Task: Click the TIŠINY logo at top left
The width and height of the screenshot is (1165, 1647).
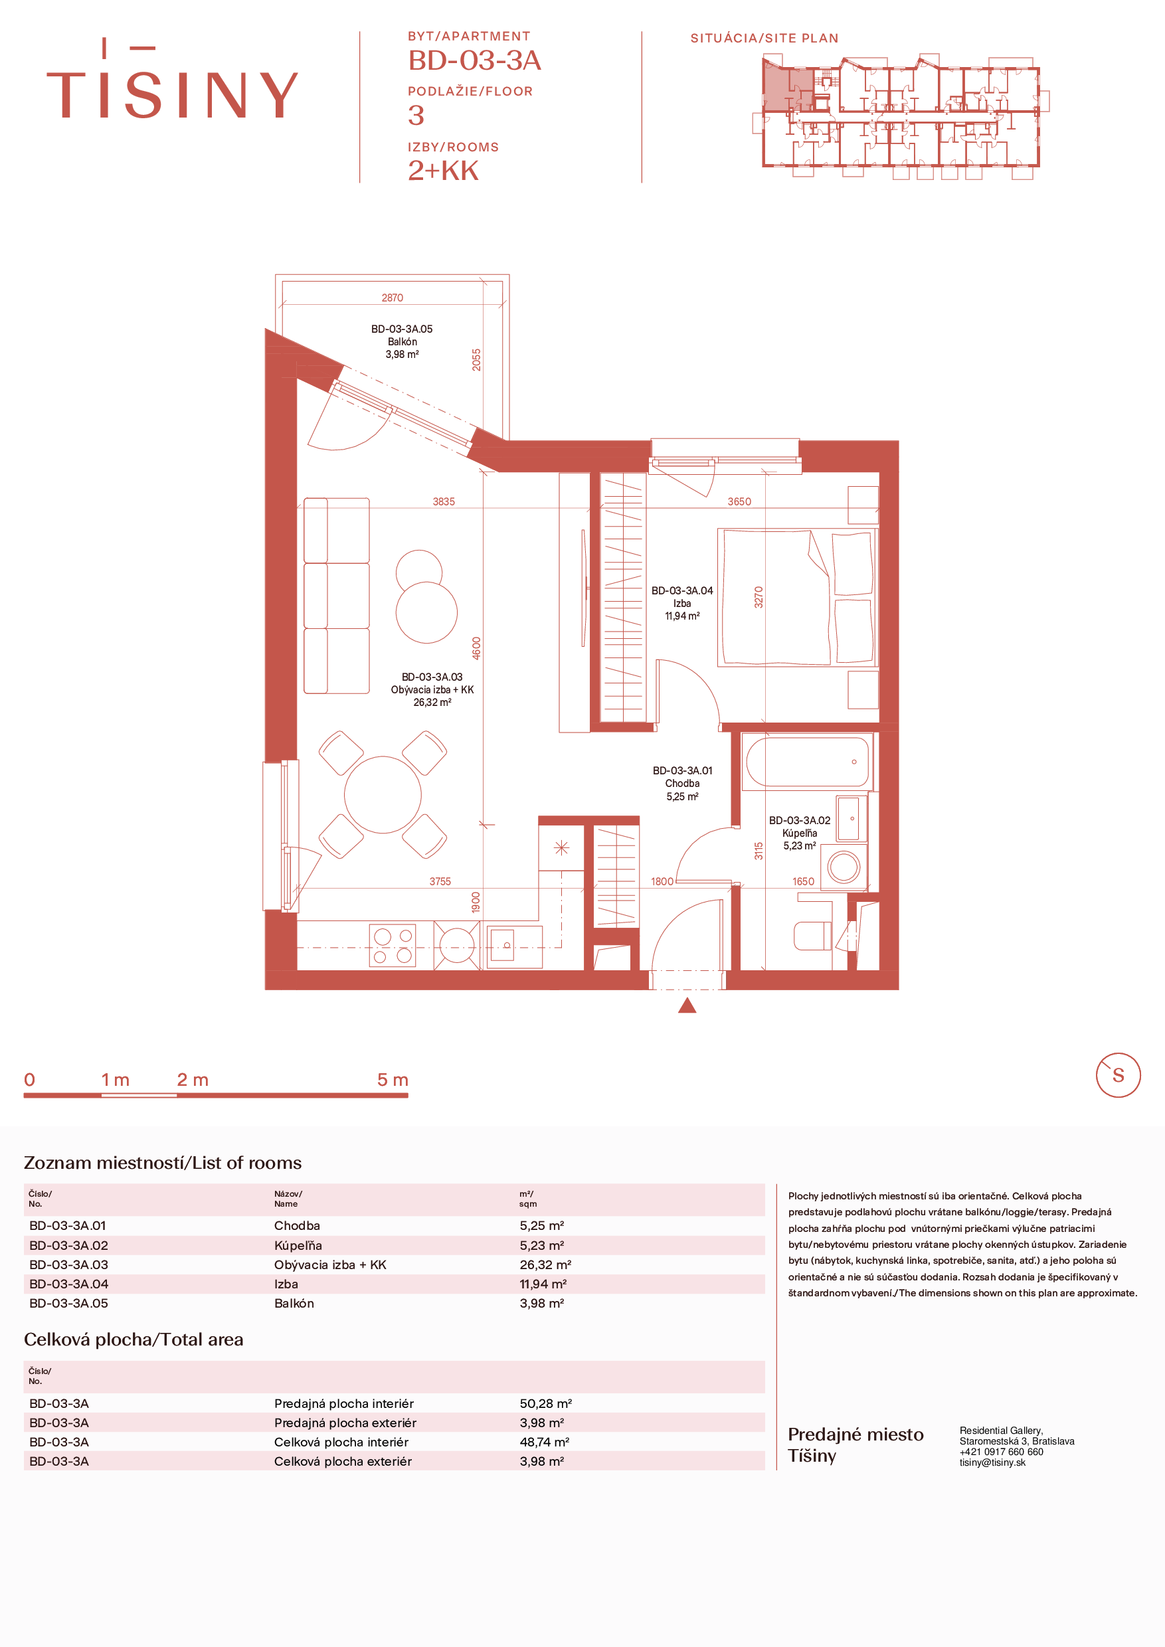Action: pyautogui.click(x=172, y=79)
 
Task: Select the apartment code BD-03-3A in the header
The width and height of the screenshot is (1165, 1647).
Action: pyautogui.click(x=474, y=60)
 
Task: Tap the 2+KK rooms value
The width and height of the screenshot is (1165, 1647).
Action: pyautogui.click(x=442, y=171)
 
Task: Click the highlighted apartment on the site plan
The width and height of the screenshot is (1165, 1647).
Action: pyautogui.click(x=787, y=87)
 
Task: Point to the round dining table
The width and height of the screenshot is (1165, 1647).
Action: pyautogui.click(x=383, y=794)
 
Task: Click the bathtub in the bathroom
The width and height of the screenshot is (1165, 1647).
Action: pyautogui.click(x=807, y=762)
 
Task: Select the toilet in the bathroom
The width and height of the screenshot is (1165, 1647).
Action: pyautogui.click(x=812, y=936)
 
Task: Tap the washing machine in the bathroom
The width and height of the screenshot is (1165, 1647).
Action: pyautogui.click(x=844, y=867)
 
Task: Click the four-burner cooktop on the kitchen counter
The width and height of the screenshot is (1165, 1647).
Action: pyautogui.click(x=393, y=946)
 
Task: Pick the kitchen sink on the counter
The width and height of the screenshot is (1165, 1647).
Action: pyautogui.click(x=514, y=948)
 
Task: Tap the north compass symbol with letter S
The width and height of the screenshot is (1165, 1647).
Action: pyautogui.click(x=1118, y=1075)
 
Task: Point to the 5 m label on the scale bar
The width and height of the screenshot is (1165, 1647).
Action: pyautogui.click(x=393, y=1080)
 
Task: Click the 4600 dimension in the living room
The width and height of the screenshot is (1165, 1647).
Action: pyautogui.click(x=476, y=648)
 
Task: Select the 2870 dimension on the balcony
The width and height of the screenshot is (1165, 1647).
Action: pyautogui.click(x=393, y=298)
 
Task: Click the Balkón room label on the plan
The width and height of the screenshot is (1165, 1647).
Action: pyautogui.click(x=402, y=341)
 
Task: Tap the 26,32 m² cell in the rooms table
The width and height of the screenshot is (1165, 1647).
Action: pyautogui.click(x=545, y=1264)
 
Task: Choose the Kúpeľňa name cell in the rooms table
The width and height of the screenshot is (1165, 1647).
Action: pyautogui.click(x=298, y=1245)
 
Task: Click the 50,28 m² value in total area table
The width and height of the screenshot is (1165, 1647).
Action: pyautogui.click(x=545, y=1403)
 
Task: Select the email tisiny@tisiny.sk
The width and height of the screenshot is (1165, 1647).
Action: pyautogui.click(x=992, y=1462)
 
